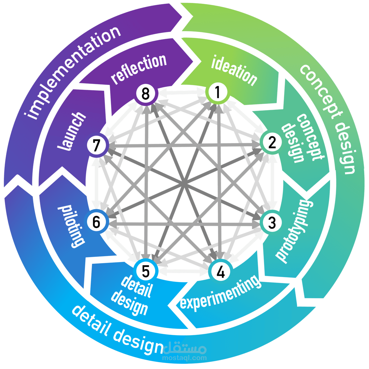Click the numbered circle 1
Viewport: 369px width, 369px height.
218,92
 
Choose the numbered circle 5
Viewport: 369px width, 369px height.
146,272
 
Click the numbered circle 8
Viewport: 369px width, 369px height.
146,94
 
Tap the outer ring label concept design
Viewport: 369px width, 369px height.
328,119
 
